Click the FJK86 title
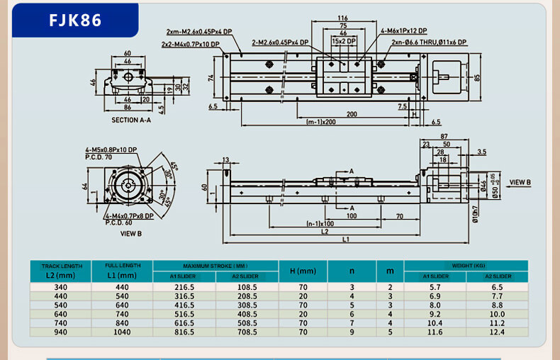(x=75, y=20)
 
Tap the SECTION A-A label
(x=131, y=120)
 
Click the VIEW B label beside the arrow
(x=520, y=182)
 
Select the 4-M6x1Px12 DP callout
(x=403, y=31)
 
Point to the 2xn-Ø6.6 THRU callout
(x=430, y=43)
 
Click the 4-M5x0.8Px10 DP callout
(x=111, y=150)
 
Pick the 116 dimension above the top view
(x=343, y=18)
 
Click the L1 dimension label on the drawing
(x=346, y=240)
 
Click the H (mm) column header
(x=303, y=271)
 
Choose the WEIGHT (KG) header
(x=466, y=265)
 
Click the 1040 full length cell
(x=122, y=332)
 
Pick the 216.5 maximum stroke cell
(x=184, y=287)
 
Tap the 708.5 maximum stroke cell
(x=247, y=332)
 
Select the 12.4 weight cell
(x=496, y=332)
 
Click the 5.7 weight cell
(x=435, y=287)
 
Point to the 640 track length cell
(x=61, y=314)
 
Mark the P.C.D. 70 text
(x=99, y=157)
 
